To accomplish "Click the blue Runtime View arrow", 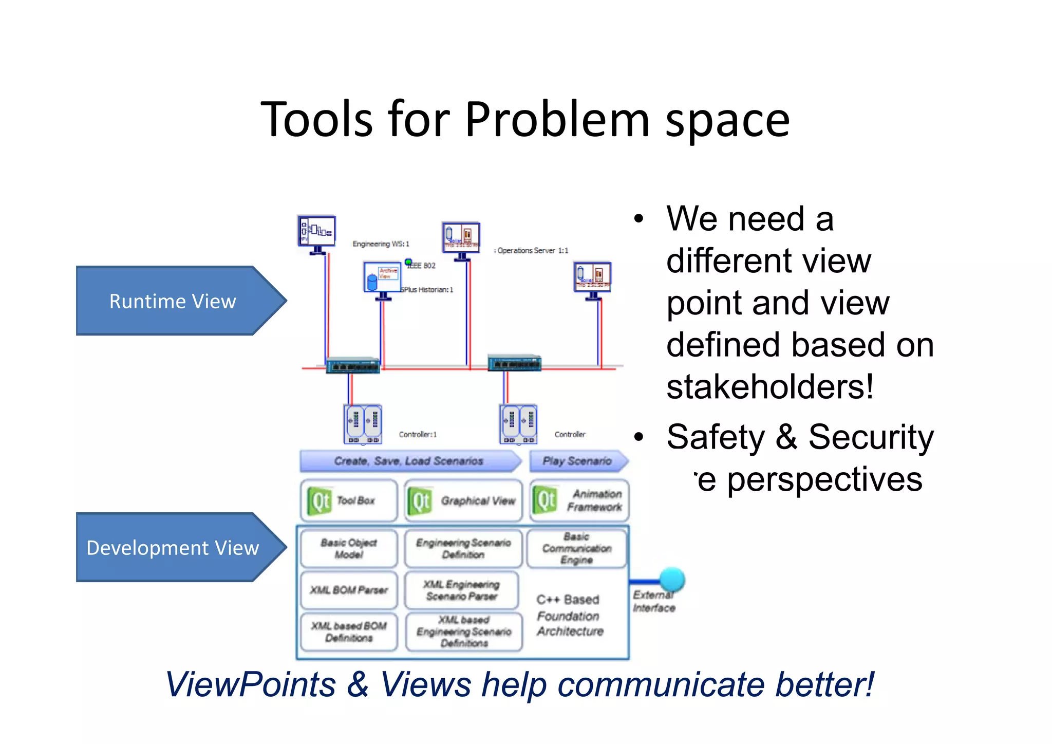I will (175, 301).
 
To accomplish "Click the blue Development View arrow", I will (175, 548).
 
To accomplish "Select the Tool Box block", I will (349, 500).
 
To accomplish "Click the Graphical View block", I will (463, 500).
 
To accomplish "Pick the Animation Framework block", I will (579, 500).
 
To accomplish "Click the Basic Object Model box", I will (349, 549).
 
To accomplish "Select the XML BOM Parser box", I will (349, 590).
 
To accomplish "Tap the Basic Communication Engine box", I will (576, 549).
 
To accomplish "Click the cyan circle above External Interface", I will (672, 580).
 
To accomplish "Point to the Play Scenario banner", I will (577, 461).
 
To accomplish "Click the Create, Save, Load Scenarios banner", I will (409, 461).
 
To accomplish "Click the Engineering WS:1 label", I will (381, 244).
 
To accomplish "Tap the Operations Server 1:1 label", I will (532, 251).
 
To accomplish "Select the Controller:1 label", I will (418, 435).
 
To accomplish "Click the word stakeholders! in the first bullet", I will (769, 386).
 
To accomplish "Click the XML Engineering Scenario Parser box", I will (461, 590).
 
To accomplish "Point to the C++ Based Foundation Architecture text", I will (569, 616).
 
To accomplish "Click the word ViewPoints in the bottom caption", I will (251, 684).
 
